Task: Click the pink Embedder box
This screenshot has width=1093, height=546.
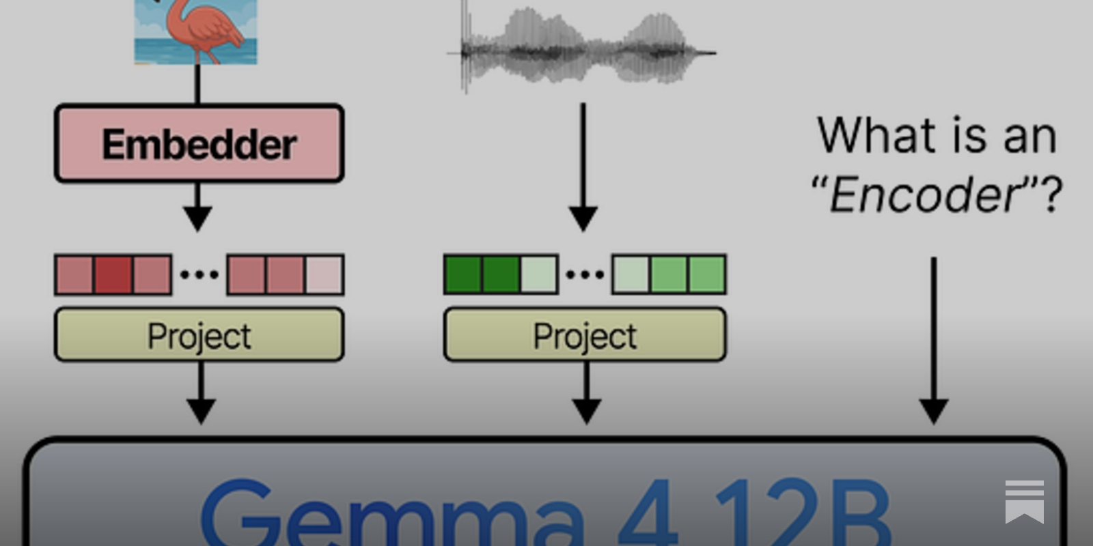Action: [x=199, y=143]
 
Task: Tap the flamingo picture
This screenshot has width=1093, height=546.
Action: [x=195, y=32]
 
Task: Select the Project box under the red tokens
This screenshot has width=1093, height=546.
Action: [x=199, y=334]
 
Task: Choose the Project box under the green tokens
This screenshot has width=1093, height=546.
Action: [x=585, y=334]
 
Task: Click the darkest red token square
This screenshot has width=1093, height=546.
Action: [x=113, y=275]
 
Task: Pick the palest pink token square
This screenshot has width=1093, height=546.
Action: [x=324, y=275]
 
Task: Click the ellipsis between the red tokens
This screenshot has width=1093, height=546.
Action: [x=199, y=275]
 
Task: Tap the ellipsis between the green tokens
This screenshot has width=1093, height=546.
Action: [x=585, y=275]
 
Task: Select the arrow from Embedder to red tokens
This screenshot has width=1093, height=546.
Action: [x=197, y=207]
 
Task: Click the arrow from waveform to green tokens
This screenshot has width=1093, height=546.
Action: [x=583, y=167]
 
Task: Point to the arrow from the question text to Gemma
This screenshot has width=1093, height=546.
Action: [x=934, y=341]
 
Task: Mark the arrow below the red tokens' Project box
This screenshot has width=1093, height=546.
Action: [x=201, y=393]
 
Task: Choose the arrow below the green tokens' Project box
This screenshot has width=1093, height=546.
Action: [x=587, y=393]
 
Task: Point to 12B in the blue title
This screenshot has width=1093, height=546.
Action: [x=803, y=512]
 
